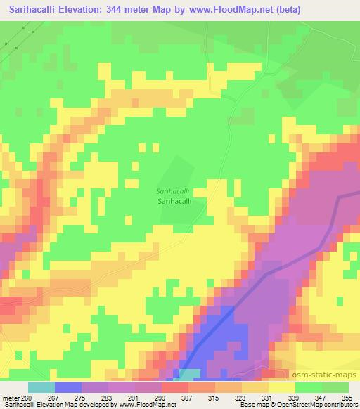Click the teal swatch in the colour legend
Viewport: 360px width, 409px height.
41,387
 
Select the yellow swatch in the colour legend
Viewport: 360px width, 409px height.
281,387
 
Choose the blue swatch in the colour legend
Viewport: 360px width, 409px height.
68,387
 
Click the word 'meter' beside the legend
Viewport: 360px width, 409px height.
9,398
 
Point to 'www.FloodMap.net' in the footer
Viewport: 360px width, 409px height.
148,405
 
